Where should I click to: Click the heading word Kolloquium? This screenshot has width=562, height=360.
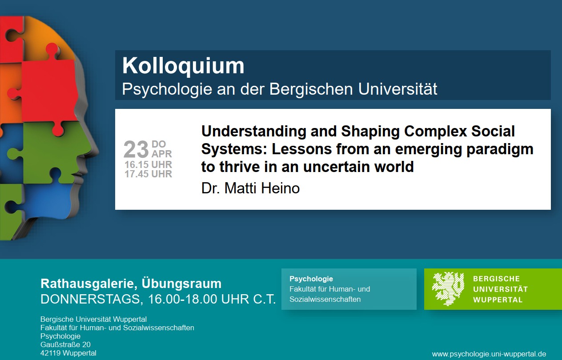[183, 66]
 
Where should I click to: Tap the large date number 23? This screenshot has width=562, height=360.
[136, 149]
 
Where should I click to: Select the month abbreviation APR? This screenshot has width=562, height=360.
[161, 154]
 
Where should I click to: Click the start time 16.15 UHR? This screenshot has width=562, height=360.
[148, 164]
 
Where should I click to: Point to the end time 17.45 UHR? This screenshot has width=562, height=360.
[148, 174]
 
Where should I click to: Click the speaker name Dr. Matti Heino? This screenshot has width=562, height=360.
[250, 188]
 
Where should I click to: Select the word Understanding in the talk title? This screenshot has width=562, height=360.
[253, 132]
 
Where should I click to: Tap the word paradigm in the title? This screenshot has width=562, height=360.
[500, 150]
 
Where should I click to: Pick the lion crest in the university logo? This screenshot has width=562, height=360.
[448, 289]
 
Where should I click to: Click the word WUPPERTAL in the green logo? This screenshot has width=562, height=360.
[498, 300]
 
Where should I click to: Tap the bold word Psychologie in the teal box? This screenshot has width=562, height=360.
[311, 279]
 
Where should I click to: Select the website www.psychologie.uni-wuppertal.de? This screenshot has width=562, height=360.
[489, 354]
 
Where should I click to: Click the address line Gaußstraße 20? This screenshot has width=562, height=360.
[65, 344]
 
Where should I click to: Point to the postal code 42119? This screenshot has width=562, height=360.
[50, 353]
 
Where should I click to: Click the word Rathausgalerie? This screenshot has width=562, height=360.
[88, 284]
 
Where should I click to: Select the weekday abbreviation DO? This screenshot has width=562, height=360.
[159, 144]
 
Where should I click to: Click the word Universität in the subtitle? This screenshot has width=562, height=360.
[397, 89]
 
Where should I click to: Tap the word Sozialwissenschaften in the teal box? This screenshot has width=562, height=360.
[325, 299]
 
